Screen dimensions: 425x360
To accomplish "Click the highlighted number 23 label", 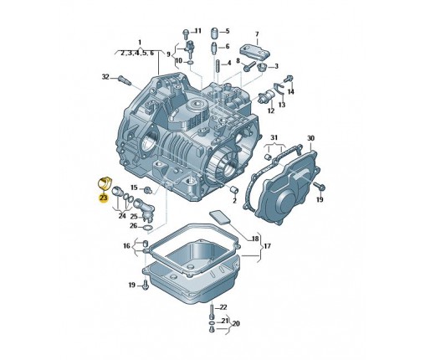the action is point(103,198).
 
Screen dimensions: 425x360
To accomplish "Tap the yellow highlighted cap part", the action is point(105,183).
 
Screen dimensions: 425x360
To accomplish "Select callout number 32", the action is point(105,76).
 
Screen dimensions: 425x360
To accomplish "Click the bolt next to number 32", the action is point(125,80).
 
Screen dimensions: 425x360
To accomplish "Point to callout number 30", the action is point(310,138).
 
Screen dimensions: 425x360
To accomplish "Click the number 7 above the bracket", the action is point(257,34).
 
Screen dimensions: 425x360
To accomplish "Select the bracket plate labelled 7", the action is point(254,52).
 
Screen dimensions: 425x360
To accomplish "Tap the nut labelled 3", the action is point(262,67).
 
